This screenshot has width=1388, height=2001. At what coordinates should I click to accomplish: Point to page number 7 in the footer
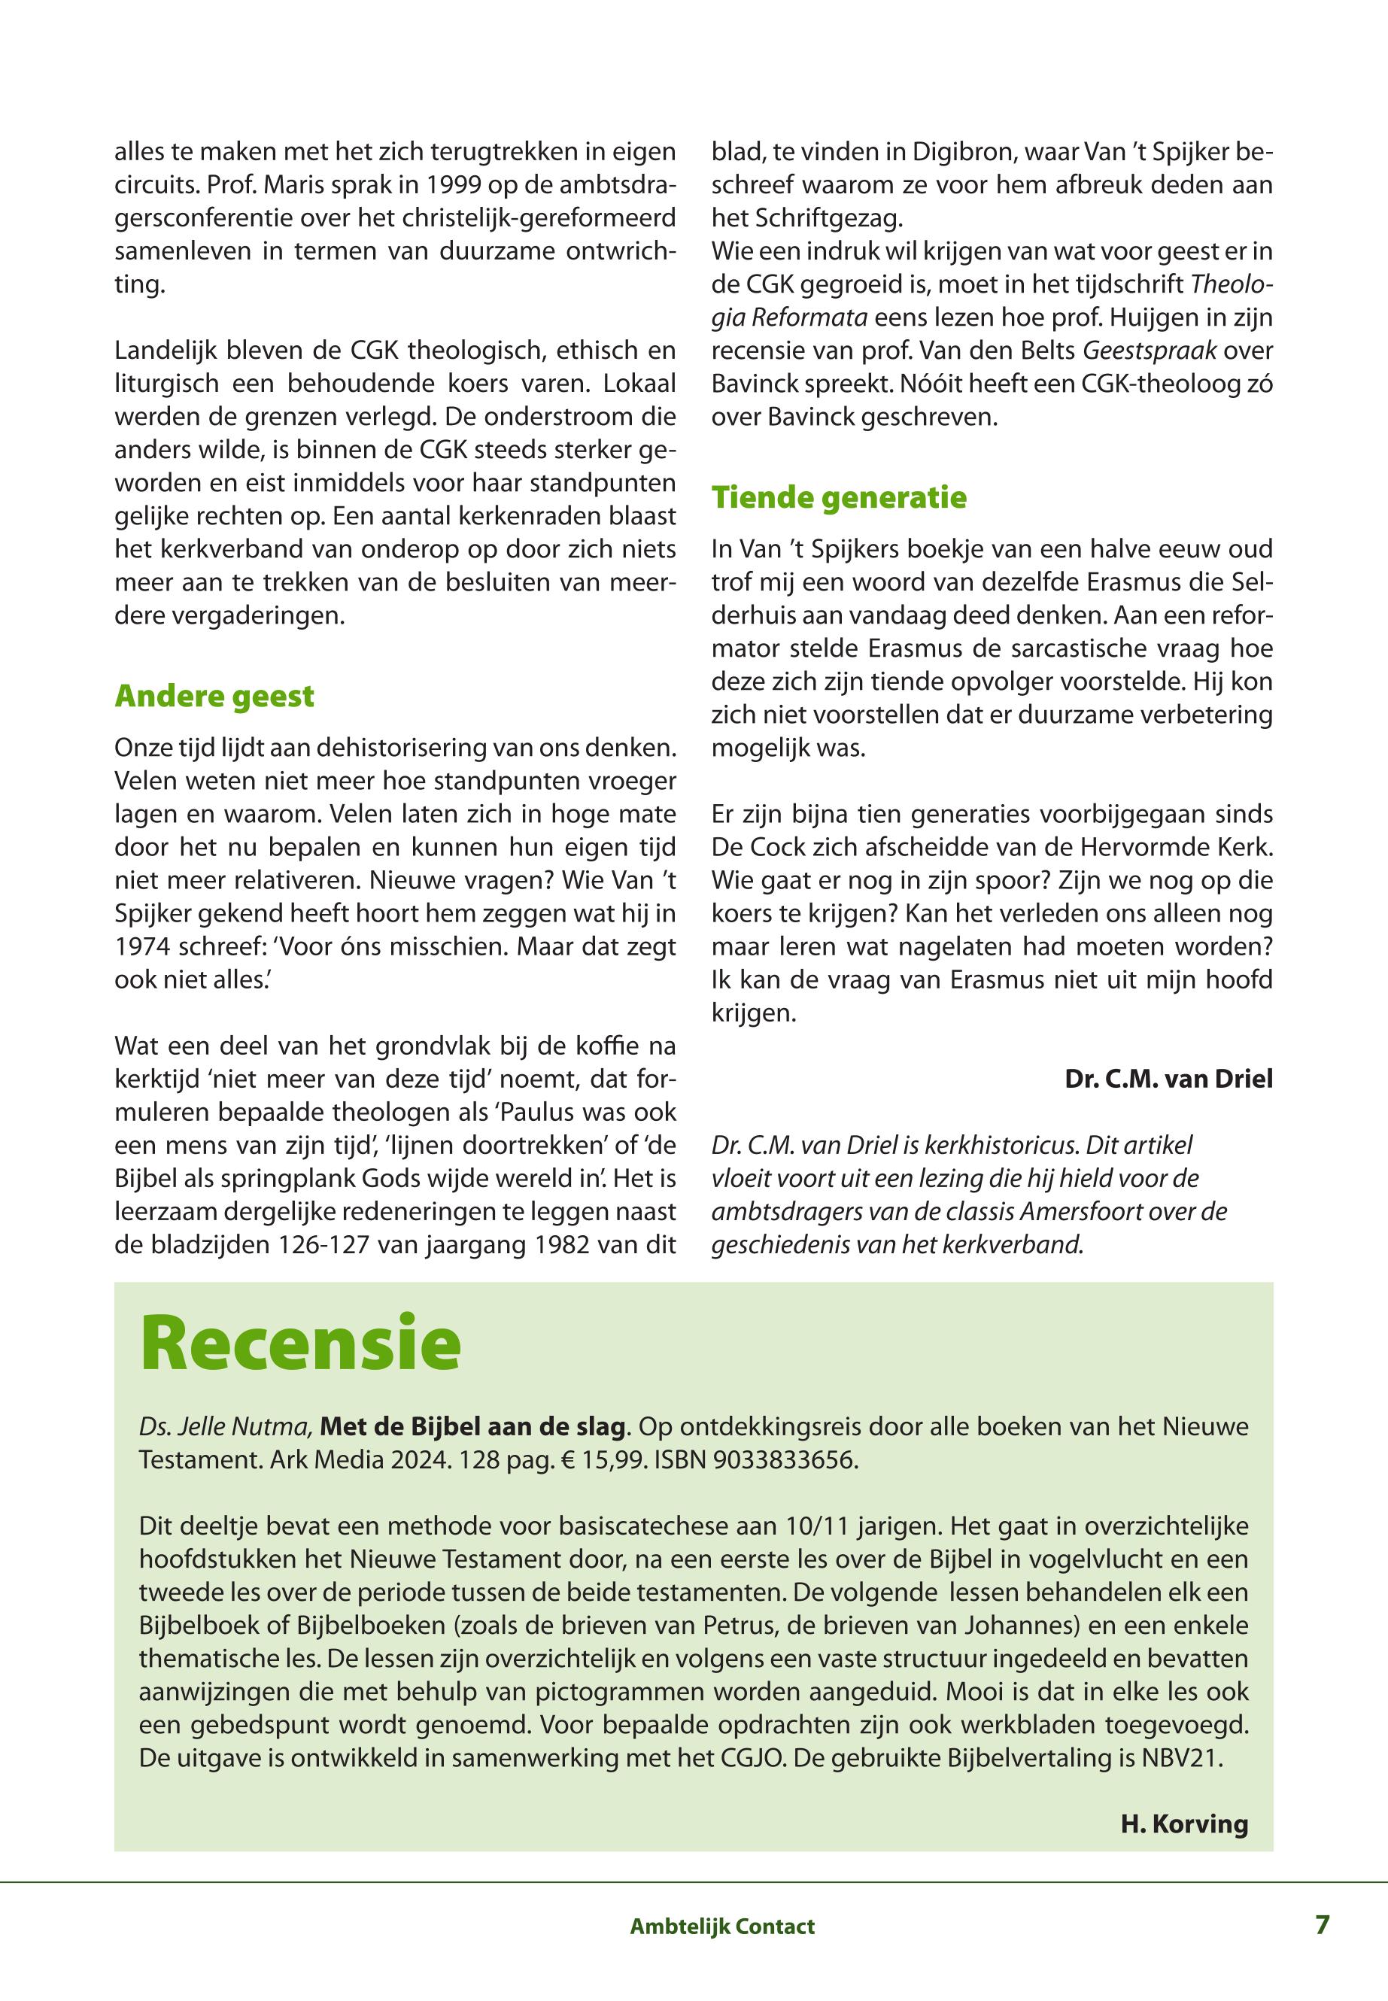pos(1322,1924)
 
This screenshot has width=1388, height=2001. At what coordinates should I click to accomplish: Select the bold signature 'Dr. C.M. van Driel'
pos(1168,1079)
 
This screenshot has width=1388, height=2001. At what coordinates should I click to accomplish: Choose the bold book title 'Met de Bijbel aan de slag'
pos(473,1427)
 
